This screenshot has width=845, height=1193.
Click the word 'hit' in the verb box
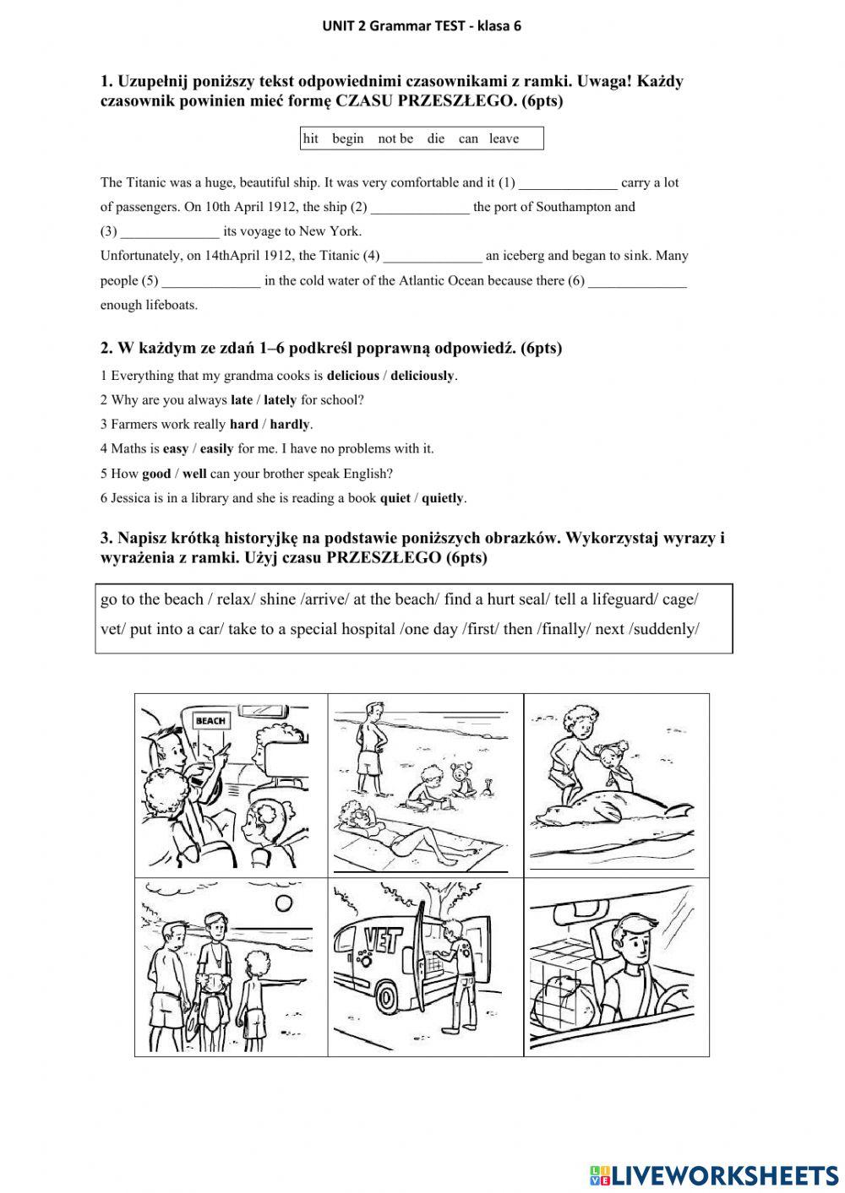click(311, 138)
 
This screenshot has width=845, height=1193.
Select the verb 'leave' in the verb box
click(504, 138)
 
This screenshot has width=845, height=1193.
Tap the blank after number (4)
click(433, 256)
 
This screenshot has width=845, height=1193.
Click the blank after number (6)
click(637, 281)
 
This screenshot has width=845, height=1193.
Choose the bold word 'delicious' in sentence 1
click(352, 376)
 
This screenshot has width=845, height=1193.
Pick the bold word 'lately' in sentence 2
click(280, 400)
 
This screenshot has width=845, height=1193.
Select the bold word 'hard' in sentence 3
click(243, 425)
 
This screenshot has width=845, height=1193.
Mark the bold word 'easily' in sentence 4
click(216, 449)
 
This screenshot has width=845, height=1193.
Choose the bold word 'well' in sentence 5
click(194, 474)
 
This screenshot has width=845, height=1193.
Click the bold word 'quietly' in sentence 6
click(443, 498)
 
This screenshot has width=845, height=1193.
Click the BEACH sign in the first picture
click(210, 720)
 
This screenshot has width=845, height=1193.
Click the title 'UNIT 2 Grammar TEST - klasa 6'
click(422, 25)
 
